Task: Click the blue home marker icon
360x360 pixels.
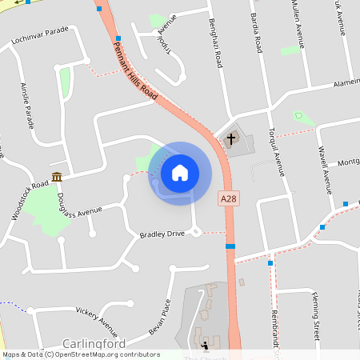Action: coord(180,172)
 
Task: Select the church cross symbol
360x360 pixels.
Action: coord(231,139)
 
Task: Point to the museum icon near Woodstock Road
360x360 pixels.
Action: coord(57,176)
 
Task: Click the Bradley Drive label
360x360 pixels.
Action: coord(162,234)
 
